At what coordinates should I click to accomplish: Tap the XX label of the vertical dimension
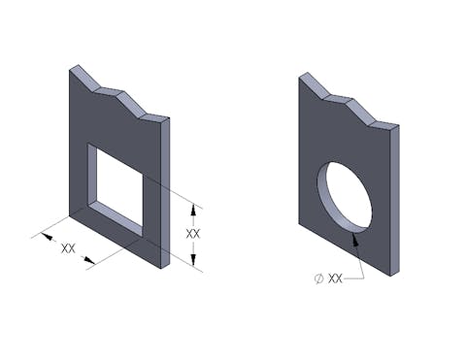coord(193,234)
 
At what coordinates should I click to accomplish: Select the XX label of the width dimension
coord(68,248)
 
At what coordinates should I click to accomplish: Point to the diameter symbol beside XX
coord(319,278)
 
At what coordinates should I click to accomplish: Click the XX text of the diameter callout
coord(335,278)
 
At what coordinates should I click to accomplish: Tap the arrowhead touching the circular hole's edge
coord(355,240)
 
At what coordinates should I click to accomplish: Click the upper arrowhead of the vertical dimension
coord(193,211)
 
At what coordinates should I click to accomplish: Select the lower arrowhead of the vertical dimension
coord(193,259)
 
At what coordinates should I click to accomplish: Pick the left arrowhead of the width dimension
coord(48,237)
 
